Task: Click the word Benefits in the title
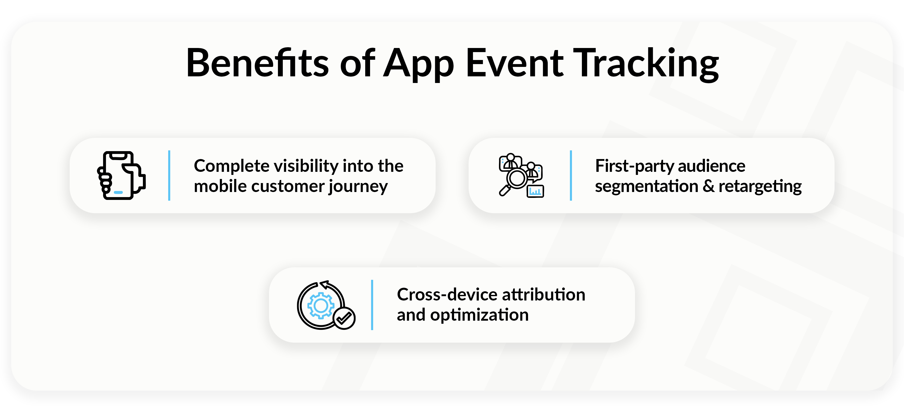point(257,63)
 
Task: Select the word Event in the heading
point(515,63)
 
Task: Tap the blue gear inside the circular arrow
point(320,305)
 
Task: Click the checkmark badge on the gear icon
point(344,318)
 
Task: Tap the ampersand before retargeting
point(708,186)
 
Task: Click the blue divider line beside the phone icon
point(169,176)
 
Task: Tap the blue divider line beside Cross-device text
point(372,305)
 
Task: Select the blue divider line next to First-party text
point(571,176)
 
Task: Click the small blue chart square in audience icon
point(535,191)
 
